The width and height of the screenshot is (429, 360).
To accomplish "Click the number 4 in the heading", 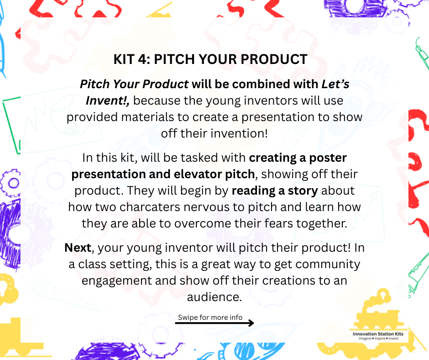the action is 142,59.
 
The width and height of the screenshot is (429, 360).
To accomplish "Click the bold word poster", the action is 328,158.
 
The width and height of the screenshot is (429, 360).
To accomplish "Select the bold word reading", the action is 253,191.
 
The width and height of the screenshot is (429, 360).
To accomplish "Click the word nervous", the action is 207,207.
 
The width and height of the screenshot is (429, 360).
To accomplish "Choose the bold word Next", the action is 78,248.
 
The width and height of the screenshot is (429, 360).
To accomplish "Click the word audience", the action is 214,297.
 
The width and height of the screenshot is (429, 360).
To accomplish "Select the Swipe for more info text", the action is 210,317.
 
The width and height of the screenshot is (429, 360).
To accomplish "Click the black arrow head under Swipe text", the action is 251,323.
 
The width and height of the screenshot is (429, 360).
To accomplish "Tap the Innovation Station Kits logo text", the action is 378,334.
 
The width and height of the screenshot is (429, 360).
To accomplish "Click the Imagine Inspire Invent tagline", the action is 378,339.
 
